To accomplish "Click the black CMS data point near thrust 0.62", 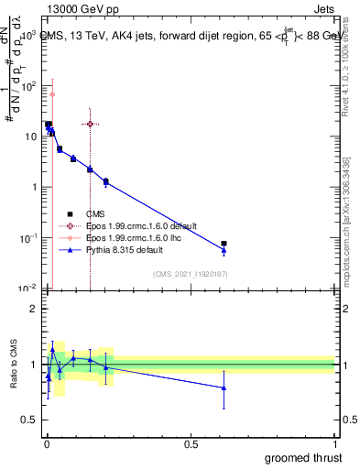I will (224, 244).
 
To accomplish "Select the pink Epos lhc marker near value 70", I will (52, 94).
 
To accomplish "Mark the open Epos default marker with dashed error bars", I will (90, 124).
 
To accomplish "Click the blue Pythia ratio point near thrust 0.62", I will (224, 387).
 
